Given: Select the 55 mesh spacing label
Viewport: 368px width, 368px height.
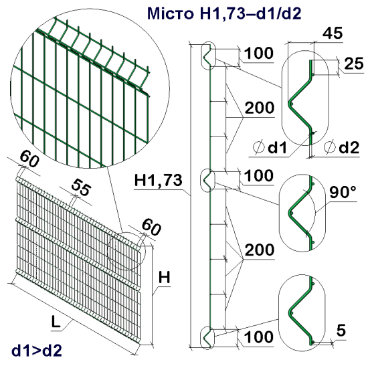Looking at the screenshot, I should point(81,189).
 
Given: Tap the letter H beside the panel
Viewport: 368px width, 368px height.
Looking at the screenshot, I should point(168,275).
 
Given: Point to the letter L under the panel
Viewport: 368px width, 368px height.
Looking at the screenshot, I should point(56,323).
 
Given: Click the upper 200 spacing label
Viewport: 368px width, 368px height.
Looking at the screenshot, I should point(258,108).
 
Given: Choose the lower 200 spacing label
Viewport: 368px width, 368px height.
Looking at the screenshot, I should point(258,250).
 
